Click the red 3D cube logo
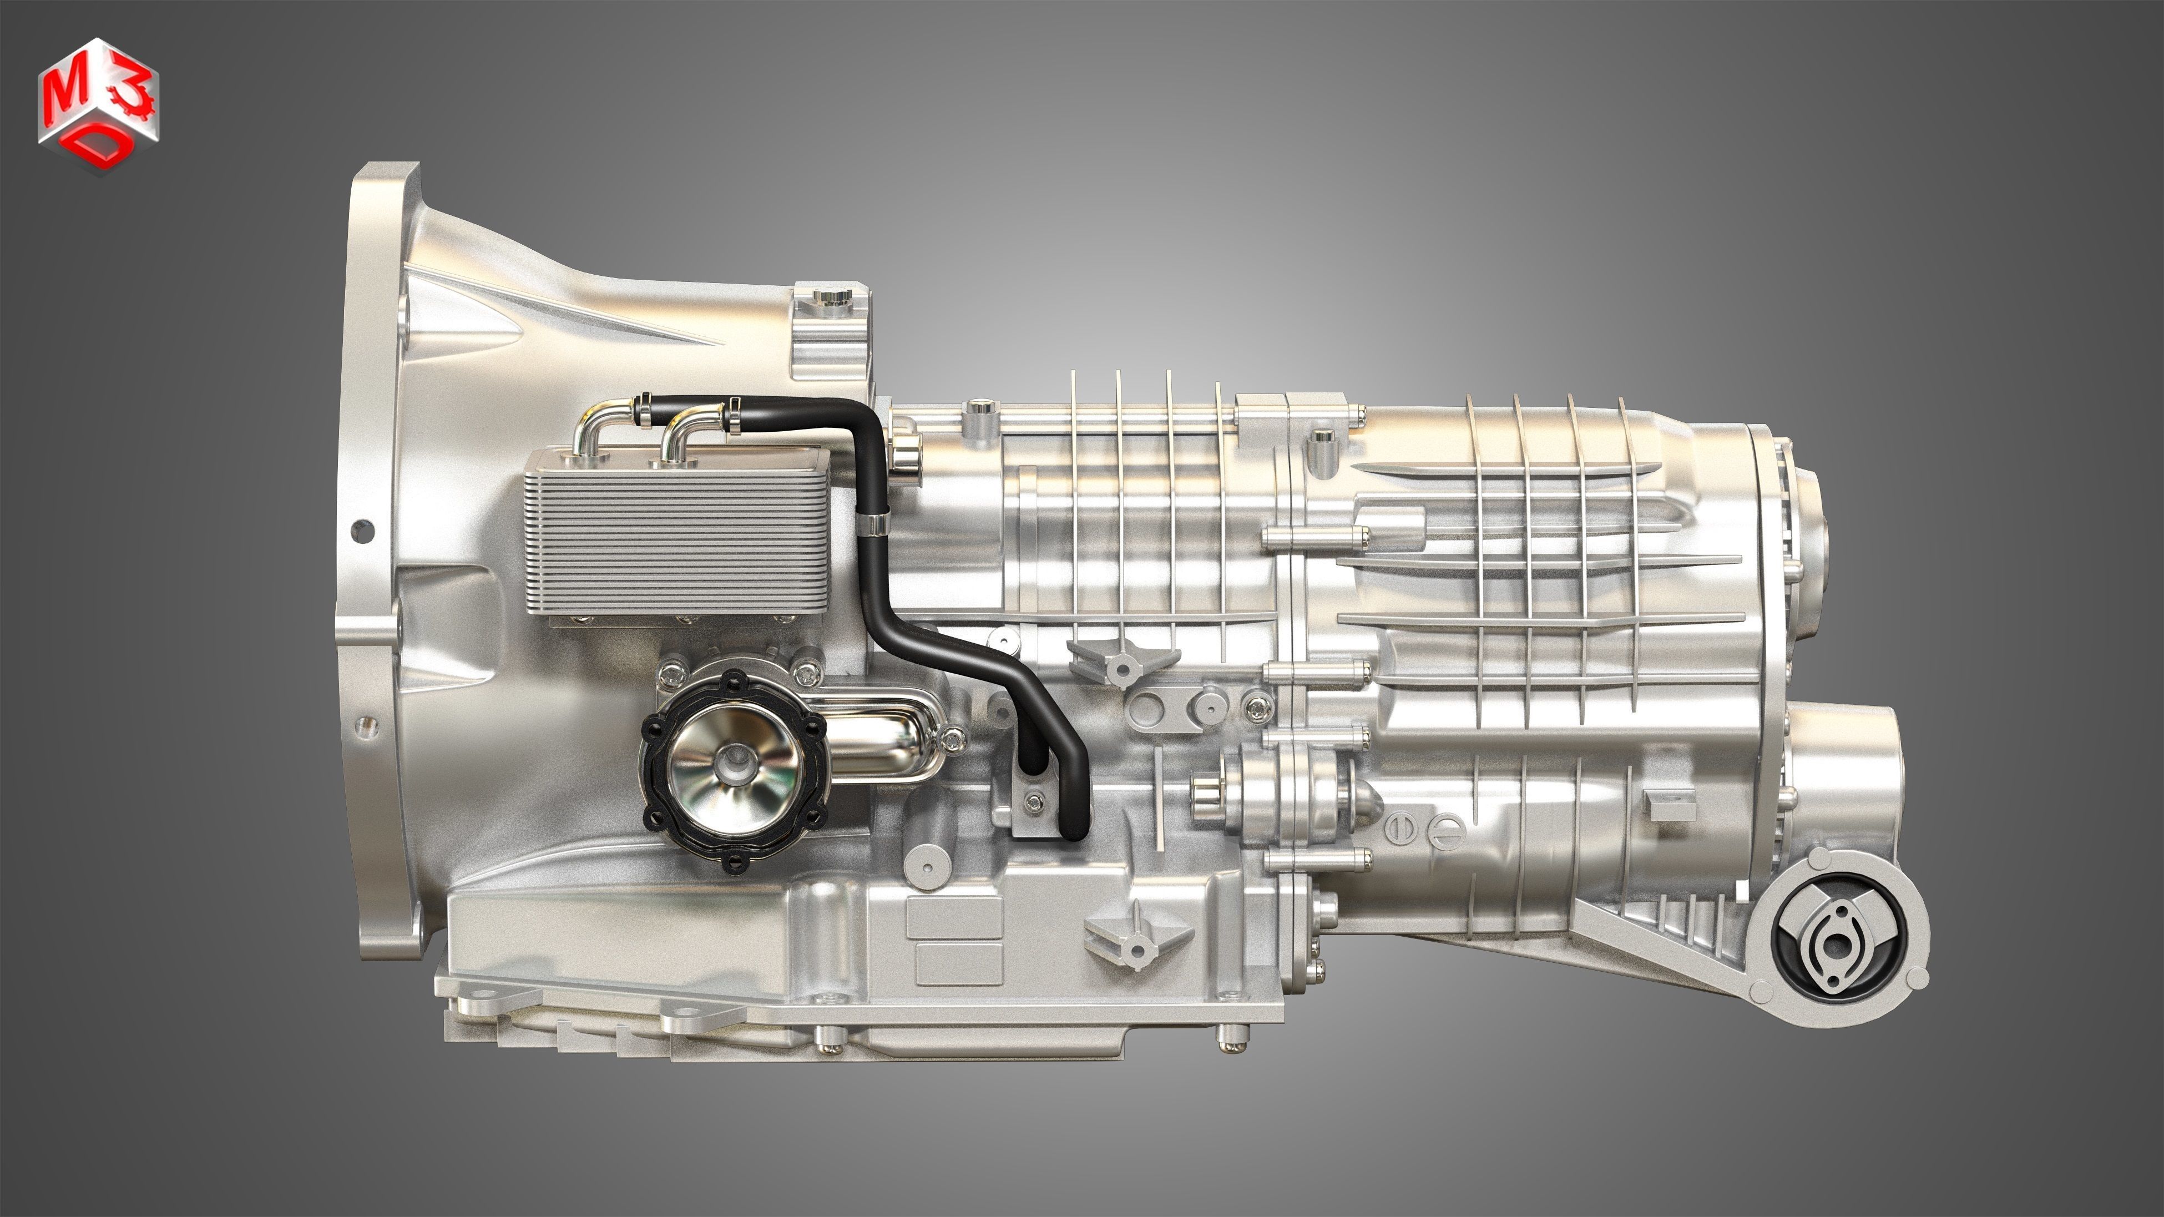click(x=98, y=105)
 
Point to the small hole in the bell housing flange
click(x=362, y=530)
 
